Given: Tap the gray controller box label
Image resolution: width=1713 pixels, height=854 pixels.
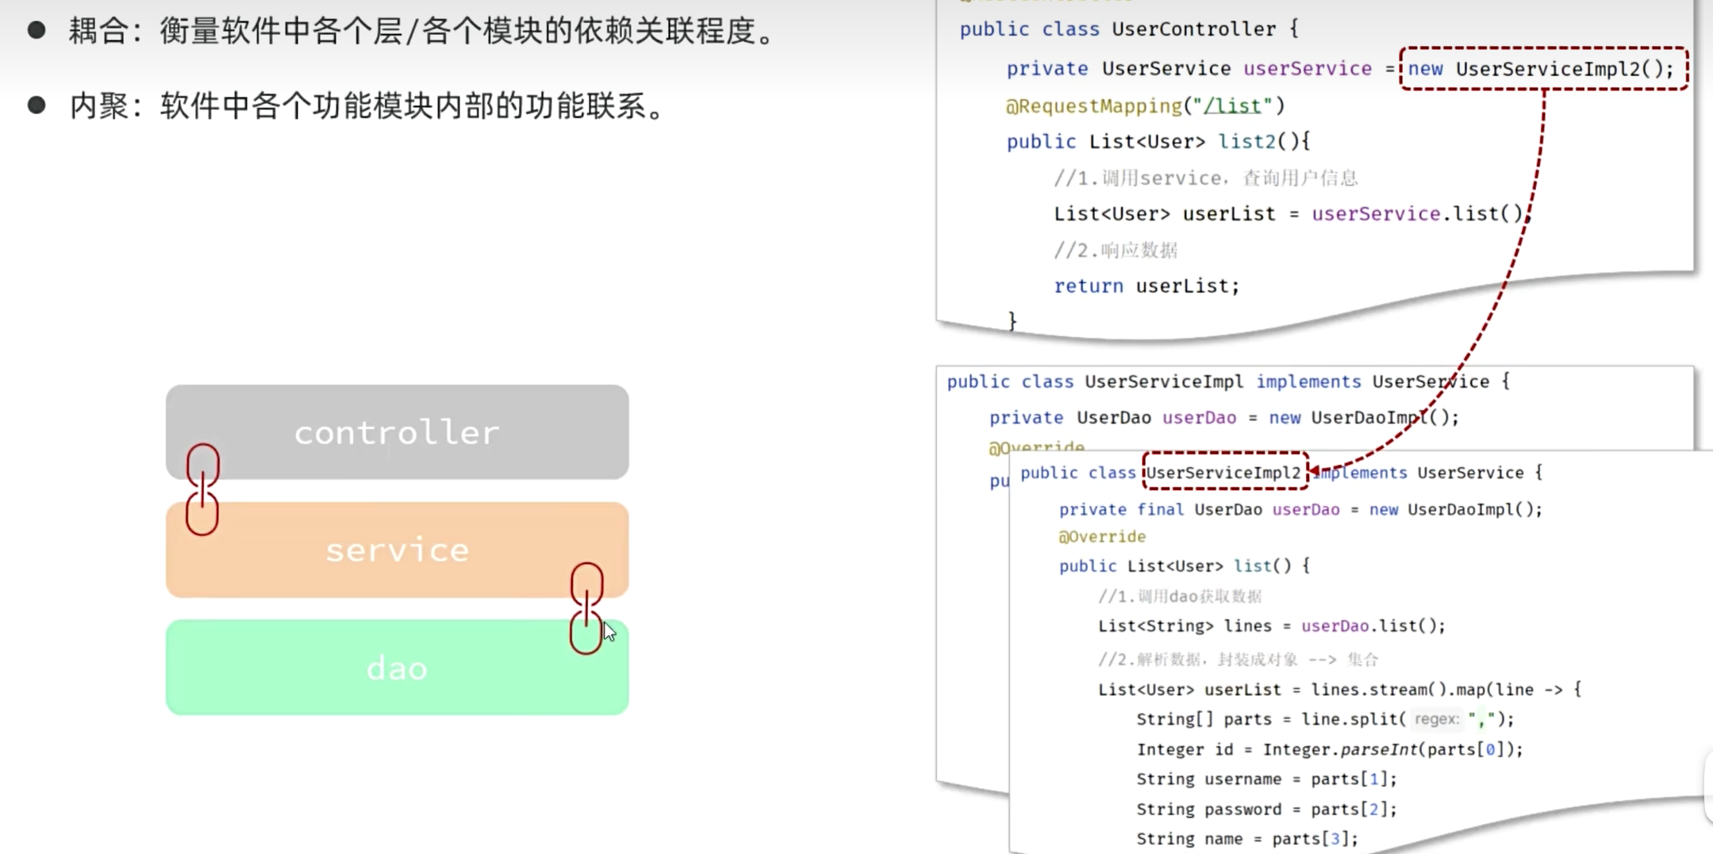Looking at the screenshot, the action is [397, 433].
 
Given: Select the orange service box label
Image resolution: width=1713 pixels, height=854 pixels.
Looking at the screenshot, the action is [397, 550].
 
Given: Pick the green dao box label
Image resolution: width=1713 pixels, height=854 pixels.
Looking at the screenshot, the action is [397, 668].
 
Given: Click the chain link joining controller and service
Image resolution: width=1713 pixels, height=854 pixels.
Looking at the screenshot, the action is [202, 489].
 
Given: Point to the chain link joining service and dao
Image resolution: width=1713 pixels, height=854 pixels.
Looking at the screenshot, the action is [586, 608].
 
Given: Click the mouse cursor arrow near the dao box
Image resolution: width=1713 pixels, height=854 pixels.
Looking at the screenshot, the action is [609, 631].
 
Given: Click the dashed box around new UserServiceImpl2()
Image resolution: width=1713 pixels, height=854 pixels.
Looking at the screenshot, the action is [1543, 69].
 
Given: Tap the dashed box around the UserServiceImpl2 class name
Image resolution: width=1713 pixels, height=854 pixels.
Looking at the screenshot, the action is [1224, 473].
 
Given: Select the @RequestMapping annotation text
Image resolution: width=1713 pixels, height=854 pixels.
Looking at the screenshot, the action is [1093, 105].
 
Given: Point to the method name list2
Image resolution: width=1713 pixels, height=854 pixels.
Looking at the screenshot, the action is [1246, 142].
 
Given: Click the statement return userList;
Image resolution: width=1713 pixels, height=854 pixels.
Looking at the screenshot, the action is [1146, 285].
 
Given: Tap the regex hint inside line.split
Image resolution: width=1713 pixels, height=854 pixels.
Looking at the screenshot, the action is [1437, 719].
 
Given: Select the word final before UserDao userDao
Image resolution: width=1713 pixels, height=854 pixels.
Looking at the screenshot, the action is [1160, 509].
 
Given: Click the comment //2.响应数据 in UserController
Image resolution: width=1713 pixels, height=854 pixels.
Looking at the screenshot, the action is [1116, 251].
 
